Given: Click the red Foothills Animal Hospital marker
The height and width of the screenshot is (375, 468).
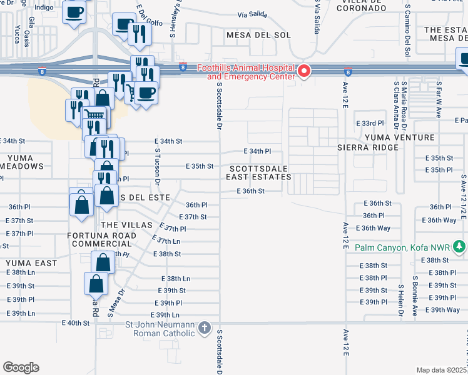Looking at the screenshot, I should pyautogui.click(x=305, y=71).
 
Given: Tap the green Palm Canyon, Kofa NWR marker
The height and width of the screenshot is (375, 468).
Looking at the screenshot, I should pyautogui.click(x=460, y=247).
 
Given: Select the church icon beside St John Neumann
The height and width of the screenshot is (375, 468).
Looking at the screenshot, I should pyautogui.click(x=204, y=328).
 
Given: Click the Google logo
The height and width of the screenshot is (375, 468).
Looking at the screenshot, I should pyautogui.click(x=21, y=367).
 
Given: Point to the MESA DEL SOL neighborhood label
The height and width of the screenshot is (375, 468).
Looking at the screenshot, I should pyautogui.click(x=250, y=35).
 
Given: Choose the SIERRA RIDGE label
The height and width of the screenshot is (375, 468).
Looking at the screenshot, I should pyautogui.click(x=367, y=147).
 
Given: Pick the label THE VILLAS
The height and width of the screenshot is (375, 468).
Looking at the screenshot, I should pyautogui.click(x=126, y=225).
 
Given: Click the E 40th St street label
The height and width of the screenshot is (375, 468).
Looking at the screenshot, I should pyautogui.click(x=76, y=322).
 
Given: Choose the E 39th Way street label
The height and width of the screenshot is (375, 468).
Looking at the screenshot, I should pyautogui.click(x=445, y=310).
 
